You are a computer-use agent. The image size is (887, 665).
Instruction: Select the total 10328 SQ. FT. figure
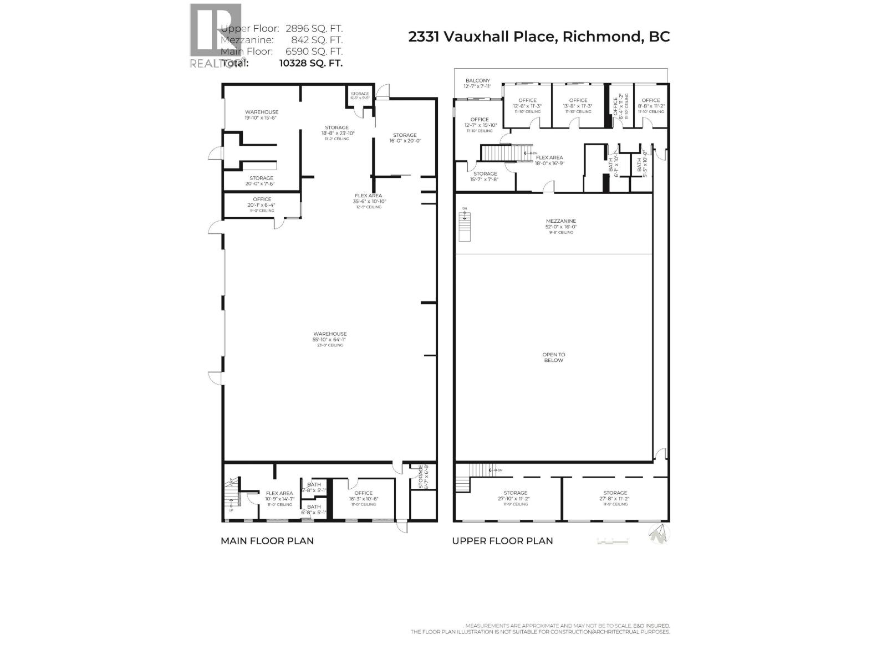pos(311,63)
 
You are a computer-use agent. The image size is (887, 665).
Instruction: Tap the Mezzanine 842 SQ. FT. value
pos(317,40)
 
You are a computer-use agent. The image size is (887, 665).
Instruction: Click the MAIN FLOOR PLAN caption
pos(267,541)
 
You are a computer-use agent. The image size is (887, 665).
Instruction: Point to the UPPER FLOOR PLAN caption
pos(502,541)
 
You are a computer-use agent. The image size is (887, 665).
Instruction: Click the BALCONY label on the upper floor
pos(477,84)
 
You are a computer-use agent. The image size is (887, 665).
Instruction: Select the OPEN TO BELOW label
pos(553,357)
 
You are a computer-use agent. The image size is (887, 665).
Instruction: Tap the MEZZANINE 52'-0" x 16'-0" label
pos(561,224)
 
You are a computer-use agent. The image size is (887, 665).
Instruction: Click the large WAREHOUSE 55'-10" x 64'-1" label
pos(330,337)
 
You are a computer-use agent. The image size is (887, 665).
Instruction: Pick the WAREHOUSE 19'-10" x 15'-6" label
pos(262,115)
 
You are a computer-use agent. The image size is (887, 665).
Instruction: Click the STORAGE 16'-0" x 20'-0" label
pos(405,138)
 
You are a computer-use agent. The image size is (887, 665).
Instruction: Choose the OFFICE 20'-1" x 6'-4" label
pos(262,202)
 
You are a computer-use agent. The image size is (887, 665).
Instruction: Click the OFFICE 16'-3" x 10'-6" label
pos(363,496)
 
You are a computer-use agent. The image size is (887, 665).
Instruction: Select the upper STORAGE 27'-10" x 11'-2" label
pos(516,496)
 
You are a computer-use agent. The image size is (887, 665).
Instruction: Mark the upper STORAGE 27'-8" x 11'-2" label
pos(615,496)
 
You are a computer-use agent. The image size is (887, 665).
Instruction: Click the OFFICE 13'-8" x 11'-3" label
pos(578,104)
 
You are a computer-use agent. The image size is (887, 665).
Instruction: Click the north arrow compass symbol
pos(659,534)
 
